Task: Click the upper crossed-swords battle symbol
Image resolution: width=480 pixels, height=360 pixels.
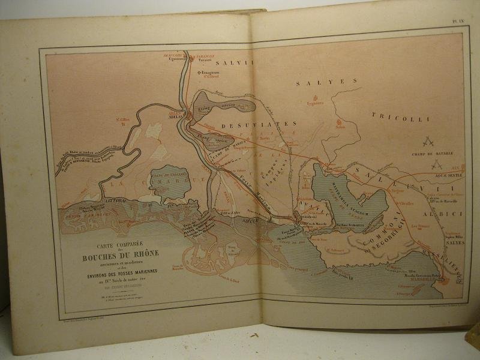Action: coord(428,142)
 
